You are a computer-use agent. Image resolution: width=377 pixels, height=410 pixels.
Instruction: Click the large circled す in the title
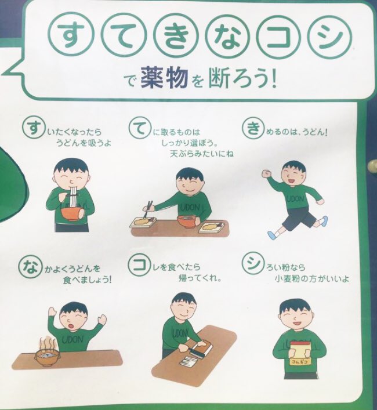tap(72, 35)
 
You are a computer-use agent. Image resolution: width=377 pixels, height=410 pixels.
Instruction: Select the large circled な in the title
tap(226, 35)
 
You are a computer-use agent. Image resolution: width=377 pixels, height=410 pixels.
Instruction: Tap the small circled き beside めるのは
tap(253, 128)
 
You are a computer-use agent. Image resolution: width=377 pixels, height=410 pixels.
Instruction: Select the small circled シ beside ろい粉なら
tap(252, 263)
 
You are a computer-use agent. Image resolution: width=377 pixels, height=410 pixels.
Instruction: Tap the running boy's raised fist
tap(266, 174)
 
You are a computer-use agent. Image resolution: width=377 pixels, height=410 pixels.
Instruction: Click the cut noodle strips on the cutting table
tap(188, 361)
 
